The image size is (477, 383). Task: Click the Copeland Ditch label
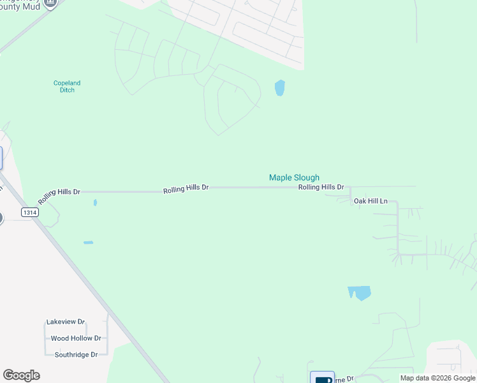(x=66, y=86)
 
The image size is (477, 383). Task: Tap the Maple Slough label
(x=294, y=177)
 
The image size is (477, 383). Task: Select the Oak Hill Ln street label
(x=371, y=201)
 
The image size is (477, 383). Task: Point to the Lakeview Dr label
(x=65, y=322)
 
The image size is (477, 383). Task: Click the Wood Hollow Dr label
(x=75, y=338)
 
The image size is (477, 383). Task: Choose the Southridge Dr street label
(x=75, y=354)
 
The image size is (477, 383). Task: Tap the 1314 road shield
(x=29, y=213)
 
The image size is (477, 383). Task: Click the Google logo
(x=21, y=375)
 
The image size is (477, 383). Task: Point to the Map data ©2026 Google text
(x=437, y=378)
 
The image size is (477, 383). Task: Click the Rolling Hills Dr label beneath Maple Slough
(x=321, y=187)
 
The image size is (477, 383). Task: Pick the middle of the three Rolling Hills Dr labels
(x=186, y=188)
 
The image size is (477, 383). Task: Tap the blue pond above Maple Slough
(x=279, y=87)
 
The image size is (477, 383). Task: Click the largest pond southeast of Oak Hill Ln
(x=360, y=293)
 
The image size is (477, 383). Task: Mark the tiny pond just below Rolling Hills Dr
(x=95, y=202)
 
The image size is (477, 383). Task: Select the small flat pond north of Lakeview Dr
(x=88, y=243)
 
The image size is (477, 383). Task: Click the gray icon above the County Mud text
(x=50, y=2)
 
